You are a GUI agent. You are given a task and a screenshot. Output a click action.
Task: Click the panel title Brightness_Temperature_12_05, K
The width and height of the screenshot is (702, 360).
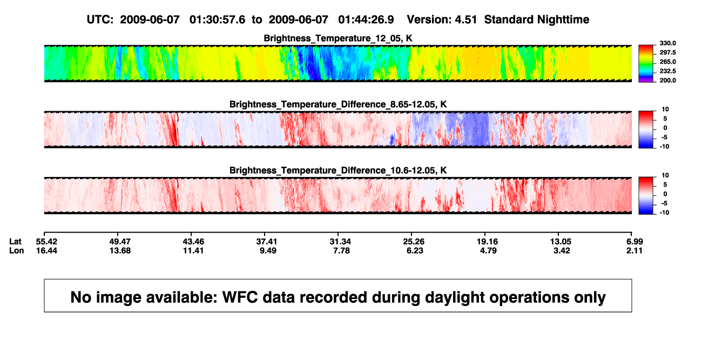pyautogui.click(x=338, y=38)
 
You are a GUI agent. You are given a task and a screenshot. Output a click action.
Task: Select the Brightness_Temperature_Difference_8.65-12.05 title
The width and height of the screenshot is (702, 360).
pyautogui.click(x=338, y=104)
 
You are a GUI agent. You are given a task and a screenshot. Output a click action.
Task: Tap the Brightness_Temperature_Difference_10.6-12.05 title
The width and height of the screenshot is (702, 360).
pyautogui.click(x=338, y=171)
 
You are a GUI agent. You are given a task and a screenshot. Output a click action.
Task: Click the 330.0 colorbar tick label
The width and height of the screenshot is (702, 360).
pyautogui.click(x=667, y=43)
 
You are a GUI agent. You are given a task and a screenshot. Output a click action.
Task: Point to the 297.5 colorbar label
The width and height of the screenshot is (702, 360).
pyautogui.click(x=667, y=52)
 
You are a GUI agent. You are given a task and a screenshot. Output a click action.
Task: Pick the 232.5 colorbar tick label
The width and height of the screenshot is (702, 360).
pyautogui.click(x=667, y=71)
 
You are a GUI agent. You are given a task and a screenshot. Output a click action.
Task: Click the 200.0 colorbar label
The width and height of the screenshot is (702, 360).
pyautogui.click(x=667, y=80)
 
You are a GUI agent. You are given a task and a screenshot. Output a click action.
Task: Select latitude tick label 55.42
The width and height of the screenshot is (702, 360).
pyautogui.click(x=46, y=242)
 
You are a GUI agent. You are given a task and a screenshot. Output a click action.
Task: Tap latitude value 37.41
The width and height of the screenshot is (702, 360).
pyautogui.click(x=267, y=242)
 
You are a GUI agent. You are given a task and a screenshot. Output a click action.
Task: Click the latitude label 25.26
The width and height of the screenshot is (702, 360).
pyautogui.click(x=414, y=242)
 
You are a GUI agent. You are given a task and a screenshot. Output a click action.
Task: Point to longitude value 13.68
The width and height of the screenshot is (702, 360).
pyautogui.click(x=120, y=250)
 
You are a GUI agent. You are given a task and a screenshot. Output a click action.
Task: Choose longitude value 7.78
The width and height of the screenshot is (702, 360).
pyautogui.click(x=341, y=250)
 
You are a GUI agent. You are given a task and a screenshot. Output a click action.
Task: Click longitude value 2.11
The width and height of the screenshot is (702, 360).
pyautogui.click(x=634, y=250)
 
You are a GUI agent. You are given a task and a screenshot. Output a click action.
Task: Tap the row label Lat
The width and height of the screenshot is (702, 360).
pyautogui.click(x=15, y=242)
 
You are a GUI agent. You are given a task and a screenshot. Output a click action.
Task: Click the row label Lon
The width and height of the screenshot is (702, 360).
pyautogui.click(x=16, y=250)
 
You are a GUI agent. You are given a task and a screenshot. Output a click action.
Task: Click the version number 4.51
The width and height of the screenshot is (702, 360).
pyautogui.click(x=465, y=20)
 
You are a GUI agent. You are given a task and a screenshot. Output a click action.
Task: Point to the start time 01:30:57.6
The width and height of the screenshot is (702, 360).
pyautogui.click(x=217, y=20)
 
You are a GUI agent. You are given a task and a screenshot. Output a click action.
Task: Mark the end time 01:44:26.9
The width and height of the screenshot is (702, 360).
pyautogui.click(x=366, y=20)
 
